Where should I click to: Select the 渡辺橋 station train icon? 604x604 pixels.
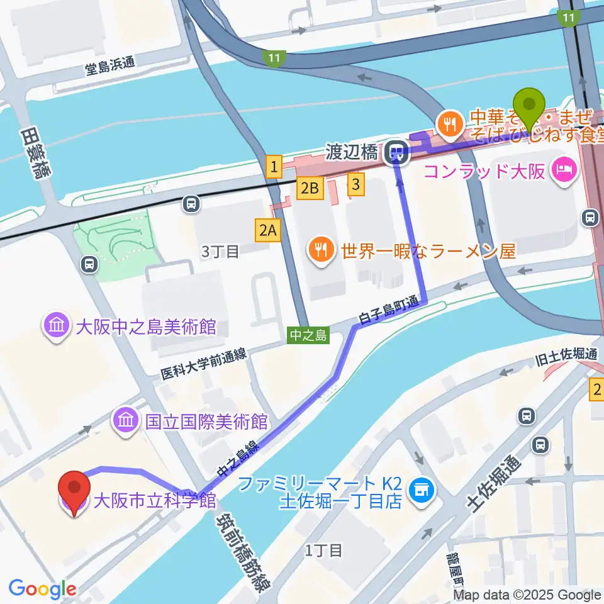pos(396,151)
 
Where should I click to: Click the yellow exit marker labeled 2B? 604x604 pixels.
pos(311,187)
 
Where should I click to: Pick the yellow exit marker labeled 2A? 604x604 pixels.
pos(267,230)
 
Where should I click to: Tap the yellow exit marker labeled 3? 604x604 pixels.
pos(356,184)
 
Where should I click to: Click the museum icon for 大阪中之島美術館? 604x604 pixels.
pos(56,326)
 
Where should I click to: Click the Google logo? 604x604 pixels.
pos(43,588)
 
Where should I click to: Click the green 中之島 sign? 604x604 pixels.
pos(309,335)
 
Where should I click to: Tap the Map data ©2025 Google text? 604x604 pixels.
pos(527,595)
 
